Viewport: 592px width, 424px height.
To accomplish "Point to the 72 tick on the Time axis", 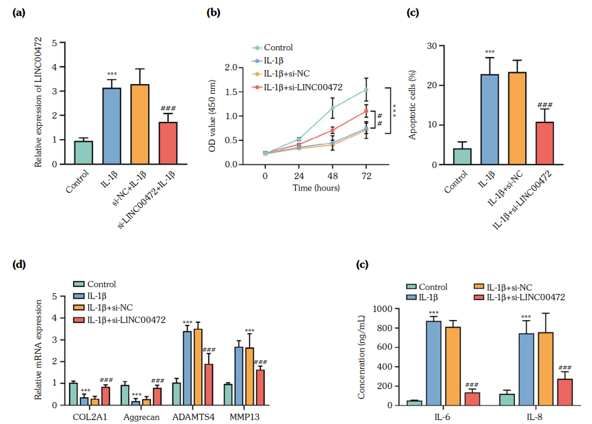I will point(366,176).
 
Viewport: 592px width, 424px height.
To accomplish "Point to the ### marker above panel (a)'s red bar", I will point(169,109).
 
